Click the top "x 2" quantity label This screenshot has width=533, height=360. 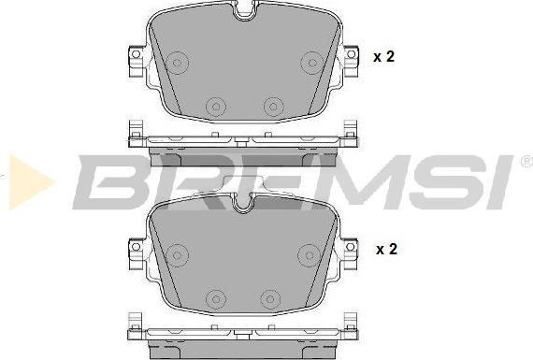click(x=383, y=56)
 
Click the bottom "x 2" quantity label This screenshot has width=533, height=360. click(x=386, y=249)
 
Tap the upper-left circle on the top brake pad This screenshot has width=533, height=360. click(x=177, y=63)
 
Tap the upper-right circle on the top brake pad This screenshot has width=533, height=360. click(x=312, y=63)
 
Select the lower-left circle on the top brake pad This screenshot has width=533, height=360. click(x=215, y=107)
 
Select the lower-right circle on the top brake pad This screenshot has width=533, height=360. click(x=273, y=107)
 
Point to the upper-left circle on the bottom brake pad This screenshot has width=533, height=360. click(x=177, y=255)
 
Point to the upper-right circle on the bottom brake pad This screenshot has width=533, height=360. click(x=309, y=255)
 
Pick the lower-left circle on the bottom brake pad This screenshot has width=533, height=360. click(x=215, y=299)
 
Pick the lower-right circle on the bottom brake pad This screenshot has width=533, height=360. click(x=270, y=299)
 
